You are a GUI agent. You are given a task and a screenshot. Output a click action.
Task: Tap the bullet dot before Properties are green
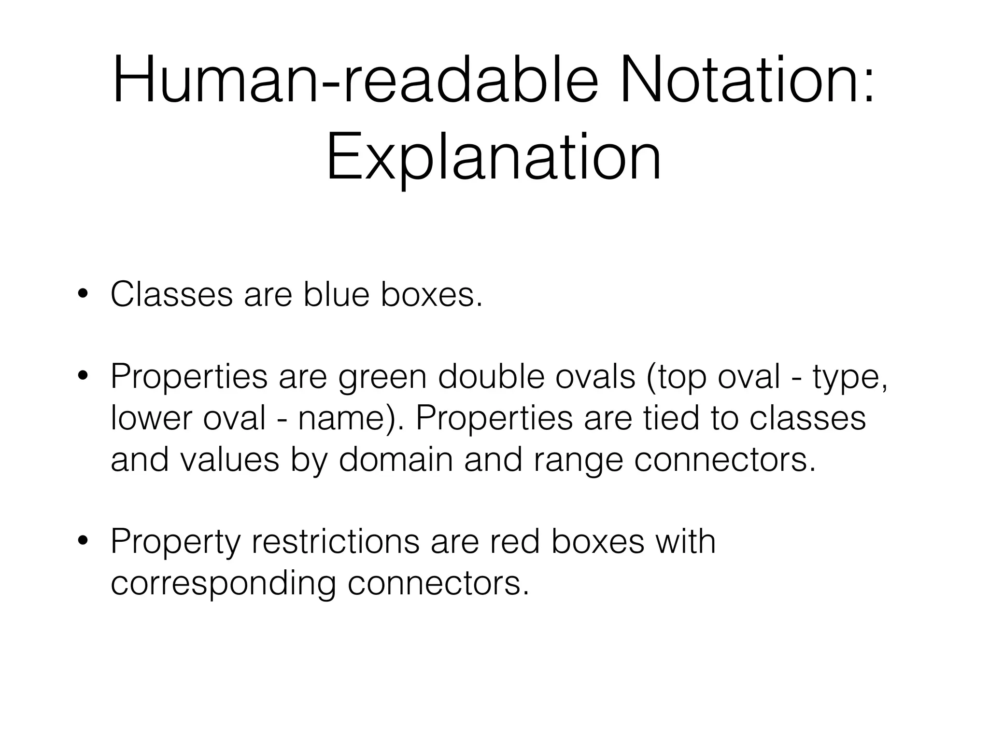84,377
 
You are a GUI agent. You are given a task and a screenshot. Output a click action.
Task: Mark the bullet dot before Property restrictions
84,541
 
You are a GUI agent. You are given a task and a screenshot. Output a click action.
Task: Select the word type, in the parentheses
849,378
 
